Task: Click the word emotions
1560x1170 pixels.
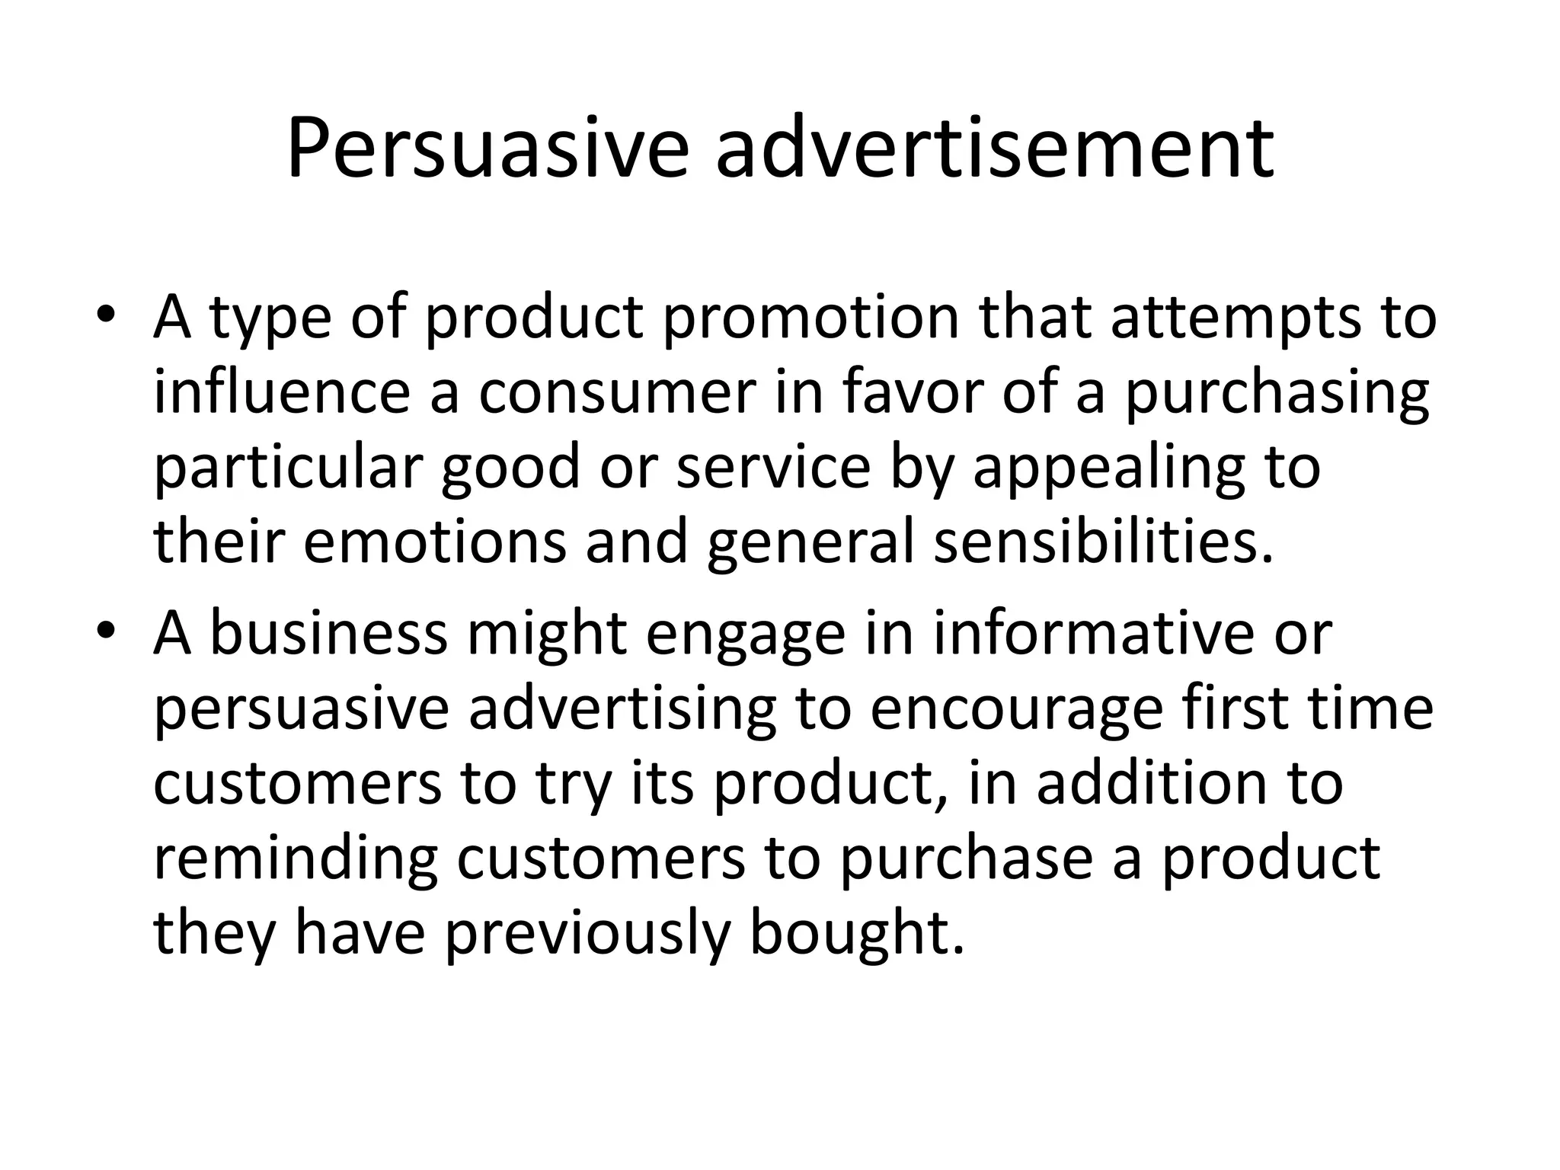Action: click(x=435, y=542)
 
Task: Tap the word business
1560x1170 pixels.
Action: click(x=328, y=633)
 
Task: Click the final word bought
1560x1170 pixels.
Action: click(x=857, y=933)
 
